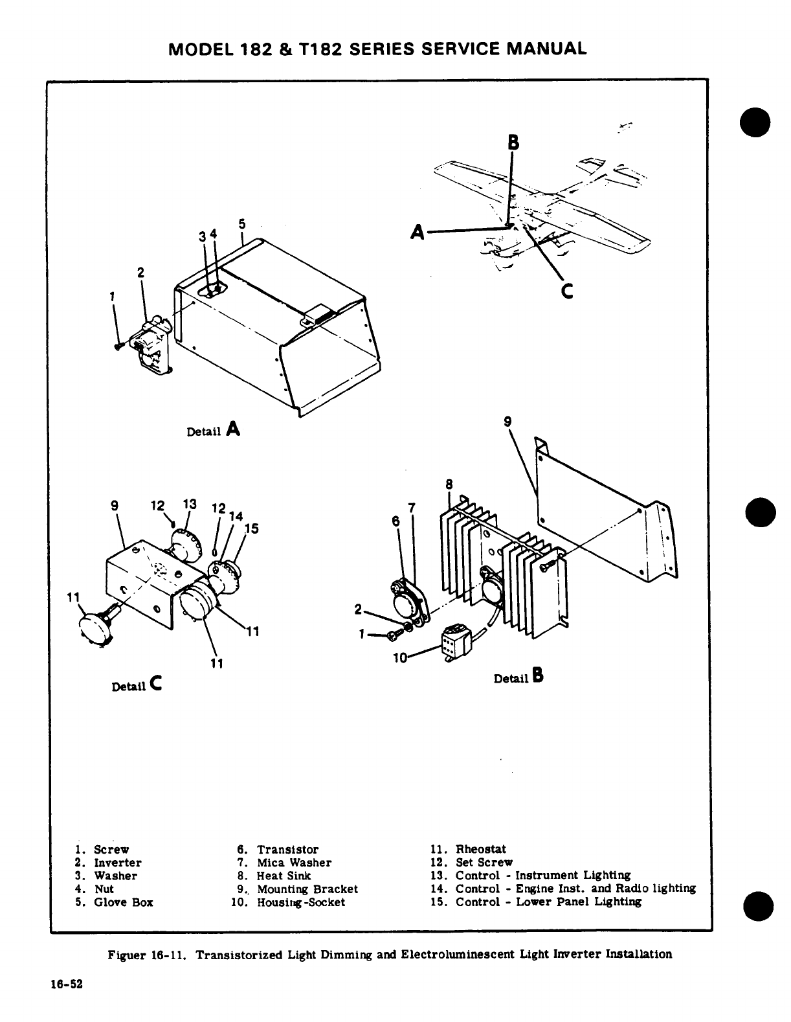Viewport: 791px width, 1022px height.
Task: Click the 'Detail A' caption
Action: pyautogui.click(x=213, y=429)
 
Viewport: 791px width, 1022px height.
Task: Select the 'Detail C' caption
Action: pyautogui.click(x=137, y=684)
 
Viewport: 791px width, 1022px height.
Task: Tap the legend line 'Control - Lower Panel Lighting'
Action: pyautogui.click(x=536, y=902)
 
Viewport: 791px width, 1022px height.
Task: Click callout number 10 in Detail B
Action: pyautogui.click(x=400, y=657)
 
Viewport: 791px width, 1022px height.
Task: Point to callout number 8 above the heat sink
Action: pyautogui.click(x=449, y=484)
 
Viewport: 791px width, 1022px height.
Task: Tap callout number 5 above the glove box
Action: pyautogui.click(x=242, y=224)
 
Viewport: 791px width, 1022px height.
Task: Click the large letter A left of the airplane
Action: pyautogui.click(x=418, y=231)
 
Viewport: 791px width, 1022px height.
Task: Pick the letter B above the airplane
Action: pyautogui.click(x=513, y=142)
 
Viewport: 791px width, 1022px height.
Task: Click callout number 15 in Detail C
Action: pyautogui.click(x=251, y=528)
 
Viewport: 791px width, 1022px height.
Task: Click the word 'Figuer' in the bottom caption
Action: pyautogui.click(x=128, y=954)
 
